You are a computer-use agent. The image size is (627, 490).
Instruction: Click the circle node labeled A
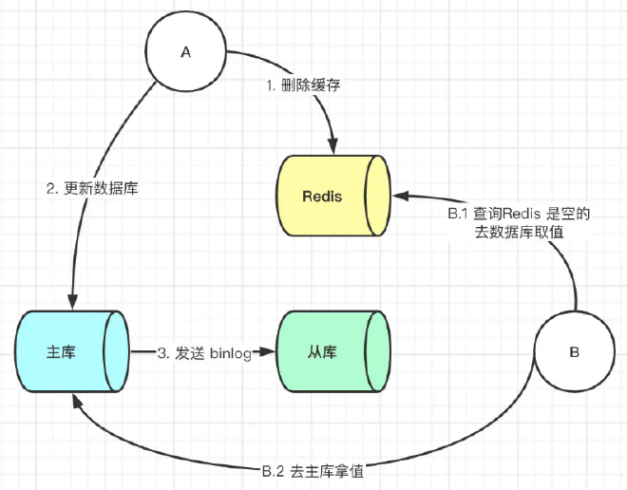[186, 53]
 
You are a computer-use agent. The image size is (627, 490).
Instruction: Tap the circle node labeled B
[573, 351]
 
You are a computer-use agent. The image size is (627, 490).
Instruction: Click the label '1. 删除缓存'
[303, 85]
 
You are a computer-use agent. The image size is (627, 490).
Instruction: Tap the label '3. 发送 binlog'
[204, 353]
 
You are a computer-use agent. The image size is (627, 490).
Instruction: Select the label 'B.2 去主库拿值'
[313, 469]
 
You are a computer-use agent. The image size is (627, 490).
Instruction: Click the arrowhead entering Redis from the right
[400, 197]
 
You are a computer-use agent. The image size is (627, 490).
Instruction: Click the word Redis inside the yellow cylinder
[322, 197]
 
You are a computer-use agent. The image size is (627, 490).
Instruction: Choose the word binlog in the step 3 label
[229, 353]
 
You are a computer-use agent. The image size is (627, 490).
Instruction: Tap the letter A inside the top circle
[186, 53]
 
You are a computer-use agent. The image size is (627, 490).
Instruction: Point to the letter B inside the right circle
[574, 351]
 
